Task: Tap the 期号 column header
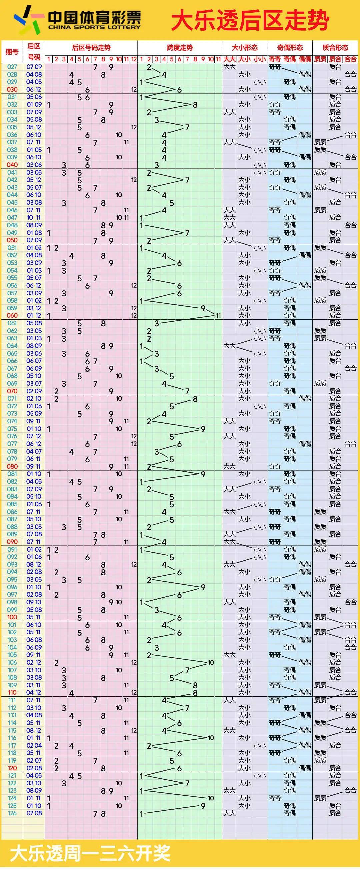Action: tap(12, 52)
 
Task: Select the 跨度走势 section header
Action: tap(180, 48)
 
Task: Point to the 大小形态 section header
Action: tap(245, 48)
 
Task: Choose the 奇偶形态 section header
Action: tap(290, 48)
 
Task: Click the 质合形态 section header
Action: tap(335, 48)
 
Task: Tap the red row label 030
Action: tap(12, 89)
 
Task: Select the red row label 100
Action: tap(12, 617)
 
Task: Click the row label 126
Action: tap(12, 813)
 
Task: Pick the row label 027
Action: tap(12, 67)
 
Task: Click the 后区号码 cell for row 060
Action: tap(34, 315)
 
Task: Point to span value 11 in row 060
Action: tap(218, 315)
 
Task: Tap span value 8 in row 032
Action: tap(195, 105)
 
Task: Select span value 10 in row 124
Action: tap(211, 798)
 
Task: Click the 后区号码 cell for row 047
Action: tap(34, 217)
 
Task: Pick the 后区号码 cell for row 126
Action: tap(34, 813)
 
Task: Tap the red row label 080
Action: tap(12, 466)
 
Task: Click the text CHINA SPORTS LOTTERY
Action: tap(94, 27)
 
